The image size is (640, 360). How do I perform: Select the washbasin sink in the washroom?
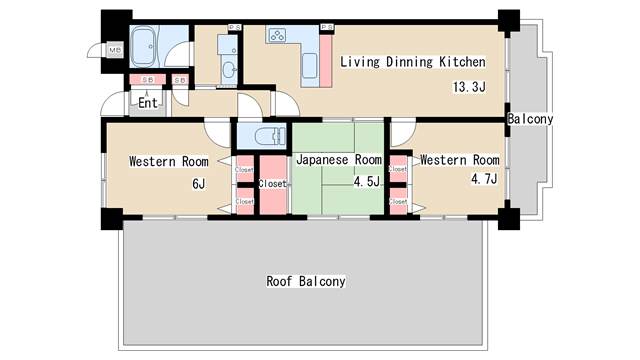click(229, 69)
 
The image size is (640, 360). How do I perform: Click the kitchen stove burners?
click(277, 37)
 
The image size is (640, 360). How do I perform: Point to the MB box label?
click(114, 50)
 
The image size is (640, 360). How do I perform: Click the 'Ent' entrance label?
click(147, 102)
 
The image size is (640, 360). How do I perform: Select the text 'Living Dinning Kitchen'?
click(413, 62)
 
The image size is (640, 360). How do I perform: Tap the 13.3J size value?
click(468, 87)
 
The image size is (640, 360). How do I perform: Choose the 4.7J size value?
click(484, 179)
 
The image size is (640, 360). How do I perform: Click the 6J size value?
click(198, 183)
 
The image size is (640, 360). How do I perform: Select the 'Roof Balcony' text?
click(305, 281)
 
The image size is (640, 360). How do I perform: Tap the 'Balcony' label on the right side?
click(530, 119)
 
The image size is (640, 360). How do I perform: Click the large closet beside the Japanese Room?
click(273, 184)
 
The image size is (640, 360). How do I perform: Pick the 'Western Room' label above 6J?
click(168, 161)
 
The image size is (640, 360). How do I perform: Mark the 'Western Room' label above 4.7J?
click(459, 159)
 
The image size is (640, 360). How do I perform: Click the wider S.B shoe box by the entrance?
click(147, 80)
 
